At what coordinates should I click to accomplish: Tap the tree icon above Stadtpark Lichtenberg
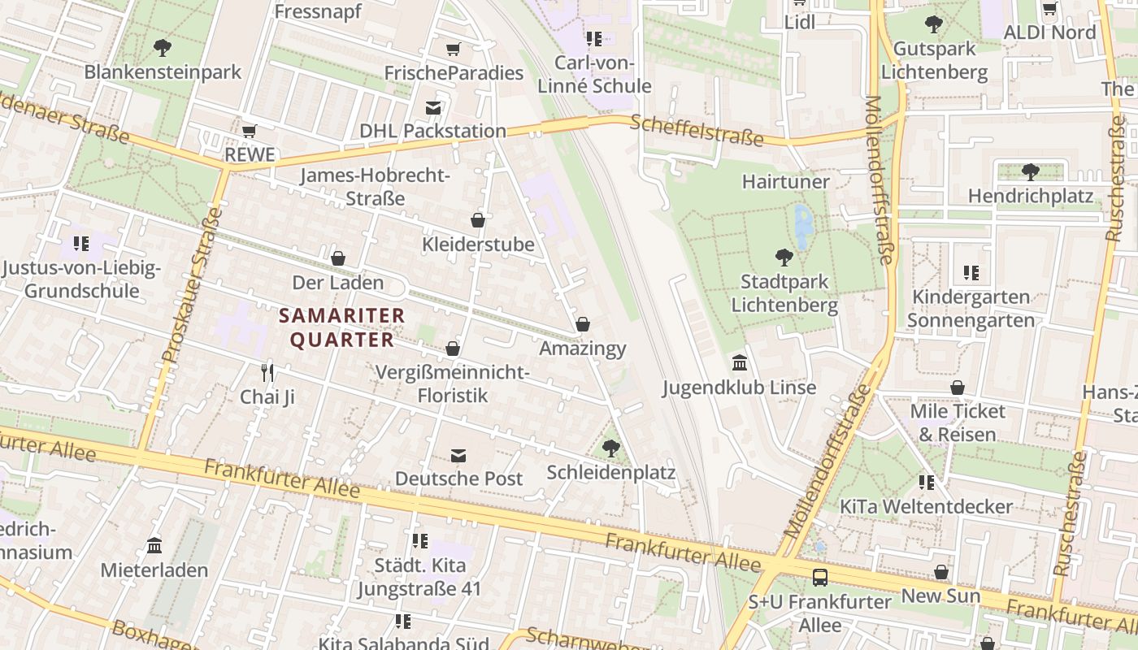click(784, 258)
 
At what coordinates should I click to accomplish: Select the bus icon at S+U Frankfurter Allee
click(820, 578)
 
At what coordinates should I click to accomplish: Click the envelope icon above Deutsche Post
click(459, 455)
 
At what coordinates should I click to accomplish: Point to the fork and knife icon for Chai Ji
click(267, 372)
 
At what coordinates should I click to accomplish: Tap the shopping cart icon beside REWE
click(250, 131)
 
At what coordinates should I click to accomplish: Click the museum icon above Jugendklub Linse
click(740, 362)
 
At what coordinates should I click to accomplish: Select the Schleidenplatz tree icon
click(610, 448)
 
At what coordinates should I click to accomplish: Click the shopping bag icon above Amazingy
click(583, 324)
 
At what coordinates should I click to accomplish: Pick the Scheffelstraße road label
click(697, 131)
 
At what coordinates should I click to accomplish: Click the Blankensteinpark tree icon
click(163, 47)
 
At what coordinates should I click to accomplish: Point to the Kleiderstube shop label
click(478, 244)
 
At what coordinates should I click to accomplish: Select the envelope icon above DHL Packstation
click(433, 107)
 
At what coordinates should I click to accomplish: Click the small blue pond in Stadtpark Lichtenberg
click(803, 227)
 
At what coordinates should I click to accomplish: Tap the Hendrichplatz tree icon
click(1030, 171)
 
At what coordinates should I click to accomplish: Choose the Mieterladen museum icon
click(154, 545)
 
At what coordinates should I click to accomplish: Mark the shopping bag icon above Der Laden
click(338, 258)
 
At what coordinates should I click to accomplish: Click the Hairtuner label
click(785, 181)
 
